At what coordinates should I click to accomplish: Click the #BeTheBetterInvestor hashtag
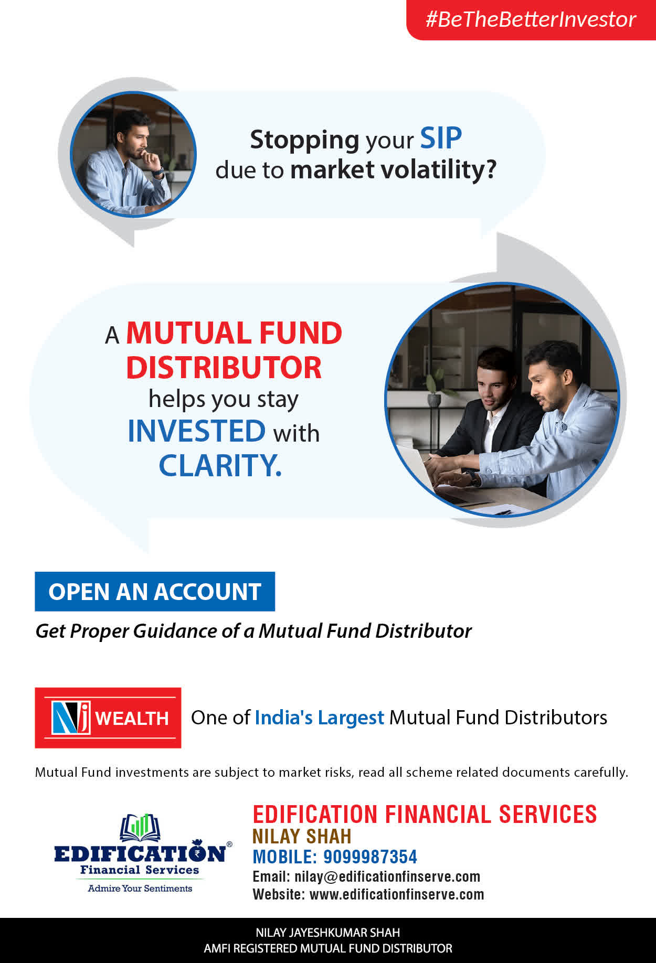point(531,19)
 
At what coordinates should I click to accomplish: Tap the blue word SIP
point(441,139)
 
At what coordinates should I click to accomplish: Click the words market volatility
point(393,170)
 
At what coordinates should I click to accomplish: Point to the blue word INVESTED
point(197,431)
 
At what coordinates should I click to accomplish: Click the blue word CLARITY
point(220,465)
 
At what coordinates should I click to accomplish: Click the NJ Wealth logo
point(108,718)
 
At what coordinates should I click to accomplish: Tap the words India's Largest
point(320,718)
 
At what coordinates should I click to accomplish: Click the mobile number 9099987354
point(370,857)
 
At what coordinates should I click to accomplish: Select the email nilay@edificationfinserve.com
point(387,876)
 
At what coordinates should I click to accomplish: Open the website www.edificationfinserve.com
point(397,894)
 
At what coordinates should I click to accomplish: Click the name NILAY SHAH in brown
point(302,836)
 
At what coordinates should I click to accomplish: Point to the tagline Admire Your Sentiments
point(140,888)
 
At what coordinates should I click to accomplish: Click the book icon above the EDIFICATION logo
point(140,827)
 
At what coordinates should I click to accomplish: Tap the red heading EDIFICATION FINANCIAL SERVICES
point(425,814)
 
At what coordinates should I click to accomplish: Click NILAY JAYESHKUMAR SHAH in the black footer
point(328,933)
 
